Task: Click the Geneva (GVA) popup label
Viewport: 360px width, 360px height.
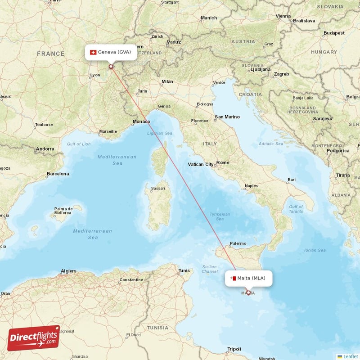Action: click(111, 52)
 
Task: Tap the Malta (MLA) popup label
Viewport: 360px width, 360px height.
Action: click(248, 278)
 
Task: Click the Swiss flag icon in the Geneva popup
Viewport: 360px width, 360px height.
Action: click(93, 52)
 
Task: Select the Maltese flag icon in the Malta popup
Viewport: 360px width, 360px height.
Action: click(233, 278)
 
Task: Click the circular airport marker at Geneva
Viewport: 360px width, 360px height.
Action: click(111, 67)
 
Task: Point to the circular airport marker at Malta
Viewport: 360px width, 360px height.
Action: click(248, 292)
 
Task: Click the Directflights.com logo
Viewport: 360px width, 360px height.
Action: click(34, 338)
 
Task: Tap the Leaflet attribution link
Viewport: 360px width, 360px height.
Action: click(350, 356)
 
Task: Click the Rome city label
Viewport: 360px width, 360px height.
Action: click(223, 162)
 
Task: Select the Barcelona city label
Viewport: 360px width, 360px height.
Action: click(58, 174)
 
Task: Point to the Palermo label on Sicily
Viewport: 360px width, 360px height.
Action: click(238, 243)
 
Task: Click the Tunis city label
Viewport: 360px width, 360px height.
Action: click(184, 270)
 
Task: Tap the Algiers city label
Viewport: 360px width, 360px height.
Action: click(68, 271)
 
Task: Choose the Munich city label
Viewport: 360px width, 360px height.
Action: click(208, 18)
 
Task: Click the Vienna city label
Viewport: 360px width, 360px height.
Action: click(283, 16)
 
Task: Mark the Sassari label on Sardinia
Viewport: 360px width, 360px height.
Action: click(157, 188)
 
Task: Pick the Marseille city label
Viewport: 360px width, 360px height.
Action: click(108, 132)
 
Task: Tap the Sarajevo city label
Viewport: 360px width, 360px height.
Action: click(323, 119)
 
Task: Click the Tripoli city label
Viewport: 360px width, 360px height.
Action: click(234, 349)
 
